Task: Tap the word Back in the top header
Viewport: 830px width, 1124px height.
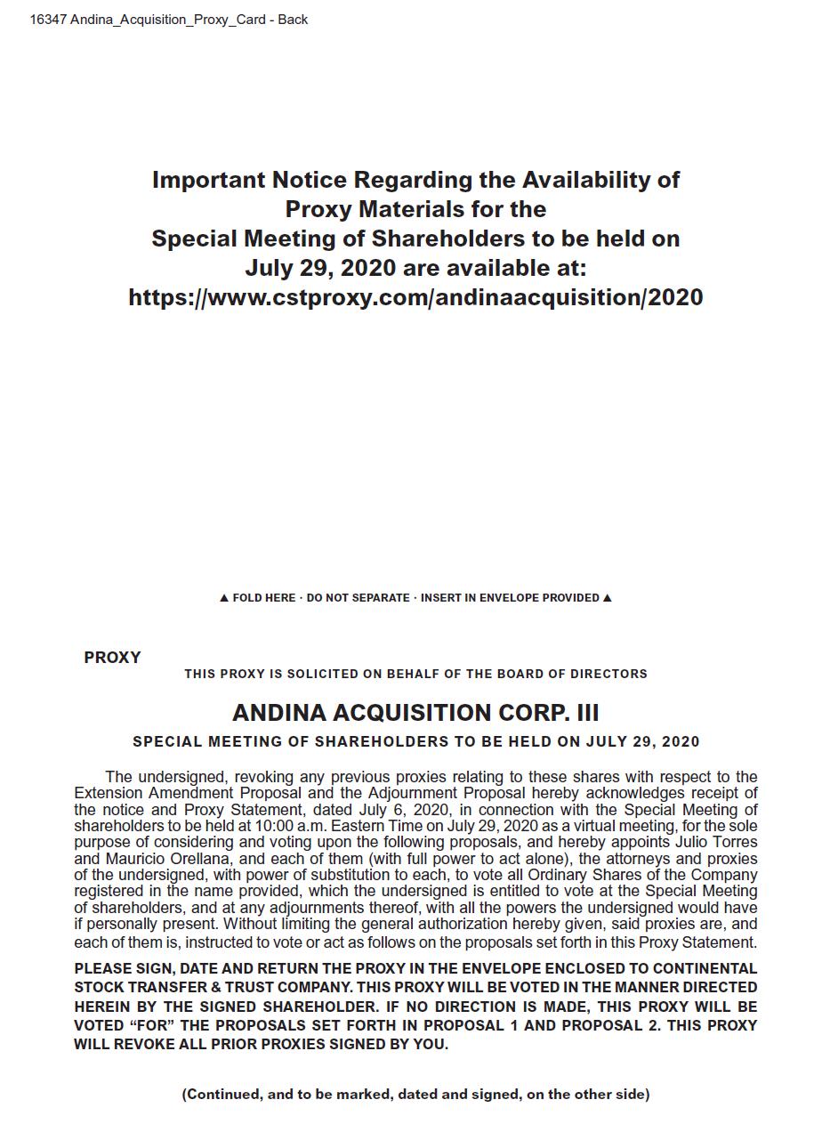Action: (293, 20)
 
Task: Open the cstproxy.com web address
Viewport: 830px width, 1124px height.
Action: (415, 297)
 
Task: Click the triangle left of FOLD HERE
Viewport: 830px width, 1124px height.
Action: (224, 598)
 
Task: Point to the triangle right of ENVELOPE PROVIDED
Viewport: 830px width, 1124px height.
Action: (608, 598)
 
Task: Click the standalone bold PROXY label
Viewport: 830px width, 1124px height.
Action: (112, 658)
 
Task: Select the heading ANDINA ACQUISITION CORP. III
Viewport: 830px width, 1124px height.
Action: (415, 713)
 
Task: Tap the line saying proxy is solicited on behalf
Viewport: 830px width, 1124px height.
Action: (415, 674)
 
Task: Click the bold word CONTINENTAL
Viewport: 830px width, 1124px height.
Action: (705, 968)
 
